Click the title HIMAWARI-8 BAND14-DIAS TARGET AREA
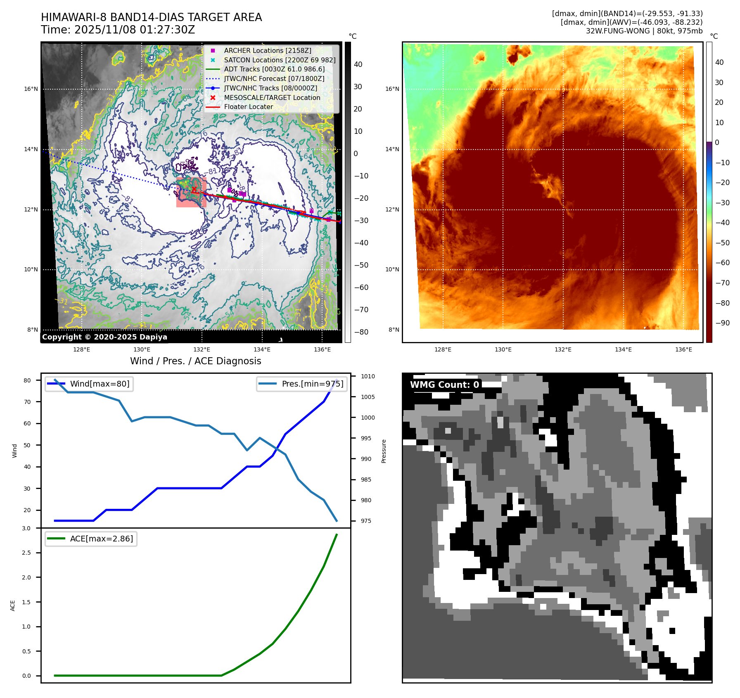[151, 17]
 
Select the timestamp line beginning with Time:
[118, 30]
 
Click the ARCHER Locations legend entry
[267, 50]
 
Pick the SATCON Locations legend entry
[279, 60]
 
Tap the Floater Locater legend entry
[248, 107]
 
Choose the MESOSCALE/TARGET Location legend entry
[272, 97]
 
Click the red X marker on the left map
[194, 189]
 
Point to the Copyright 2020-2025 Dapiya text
[104, 337]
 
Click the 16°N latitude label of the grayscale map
[31, 89]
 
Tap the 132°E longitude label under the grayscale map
[202, 349]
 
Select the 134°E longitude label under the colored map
[623, 349]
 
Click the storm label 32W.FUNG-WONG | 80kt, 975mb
[644, 31]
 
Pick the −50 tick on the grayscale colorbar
[361, 265]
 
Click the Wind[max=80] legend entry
[99, 384]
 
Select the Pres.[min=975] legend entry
[312, 384]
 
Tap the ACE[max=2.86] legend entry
[101, 539]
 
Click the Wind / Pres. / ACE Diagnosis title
[195, 361]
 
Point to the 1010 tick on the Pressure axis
[368, 376]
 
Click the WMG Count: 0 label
[444, 385]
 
